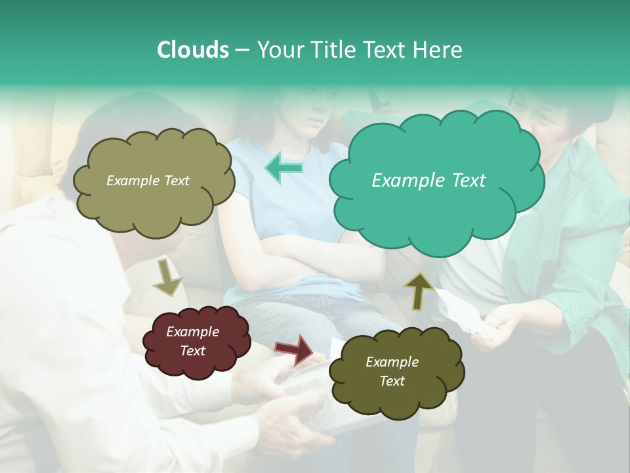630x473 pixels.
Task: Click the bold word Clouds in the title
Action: (192, 50)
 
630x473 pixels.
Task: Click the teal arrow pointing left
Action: (284, 168)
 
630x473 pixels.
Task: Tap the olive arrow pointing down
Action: (167, 278)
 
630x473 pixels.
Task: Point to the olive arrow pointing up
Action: (419, 291)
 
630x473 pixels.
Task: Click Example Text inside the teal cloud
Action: (429, 181)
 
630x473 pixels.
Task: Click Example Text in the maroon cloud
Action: (193, 341)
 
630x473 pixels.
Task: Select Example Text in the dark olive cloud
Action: (392, 371)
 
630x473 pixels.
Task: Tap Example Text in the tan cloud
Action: (148, 181)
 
